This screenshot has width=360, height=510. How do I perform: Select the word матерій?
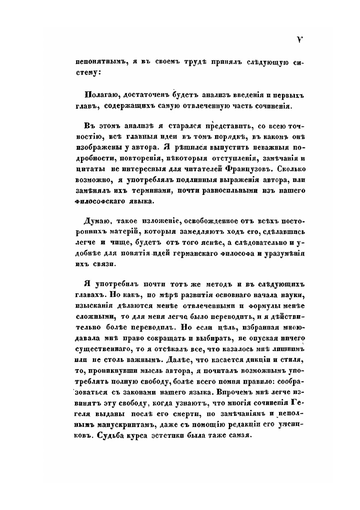[x=131, y=232]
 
